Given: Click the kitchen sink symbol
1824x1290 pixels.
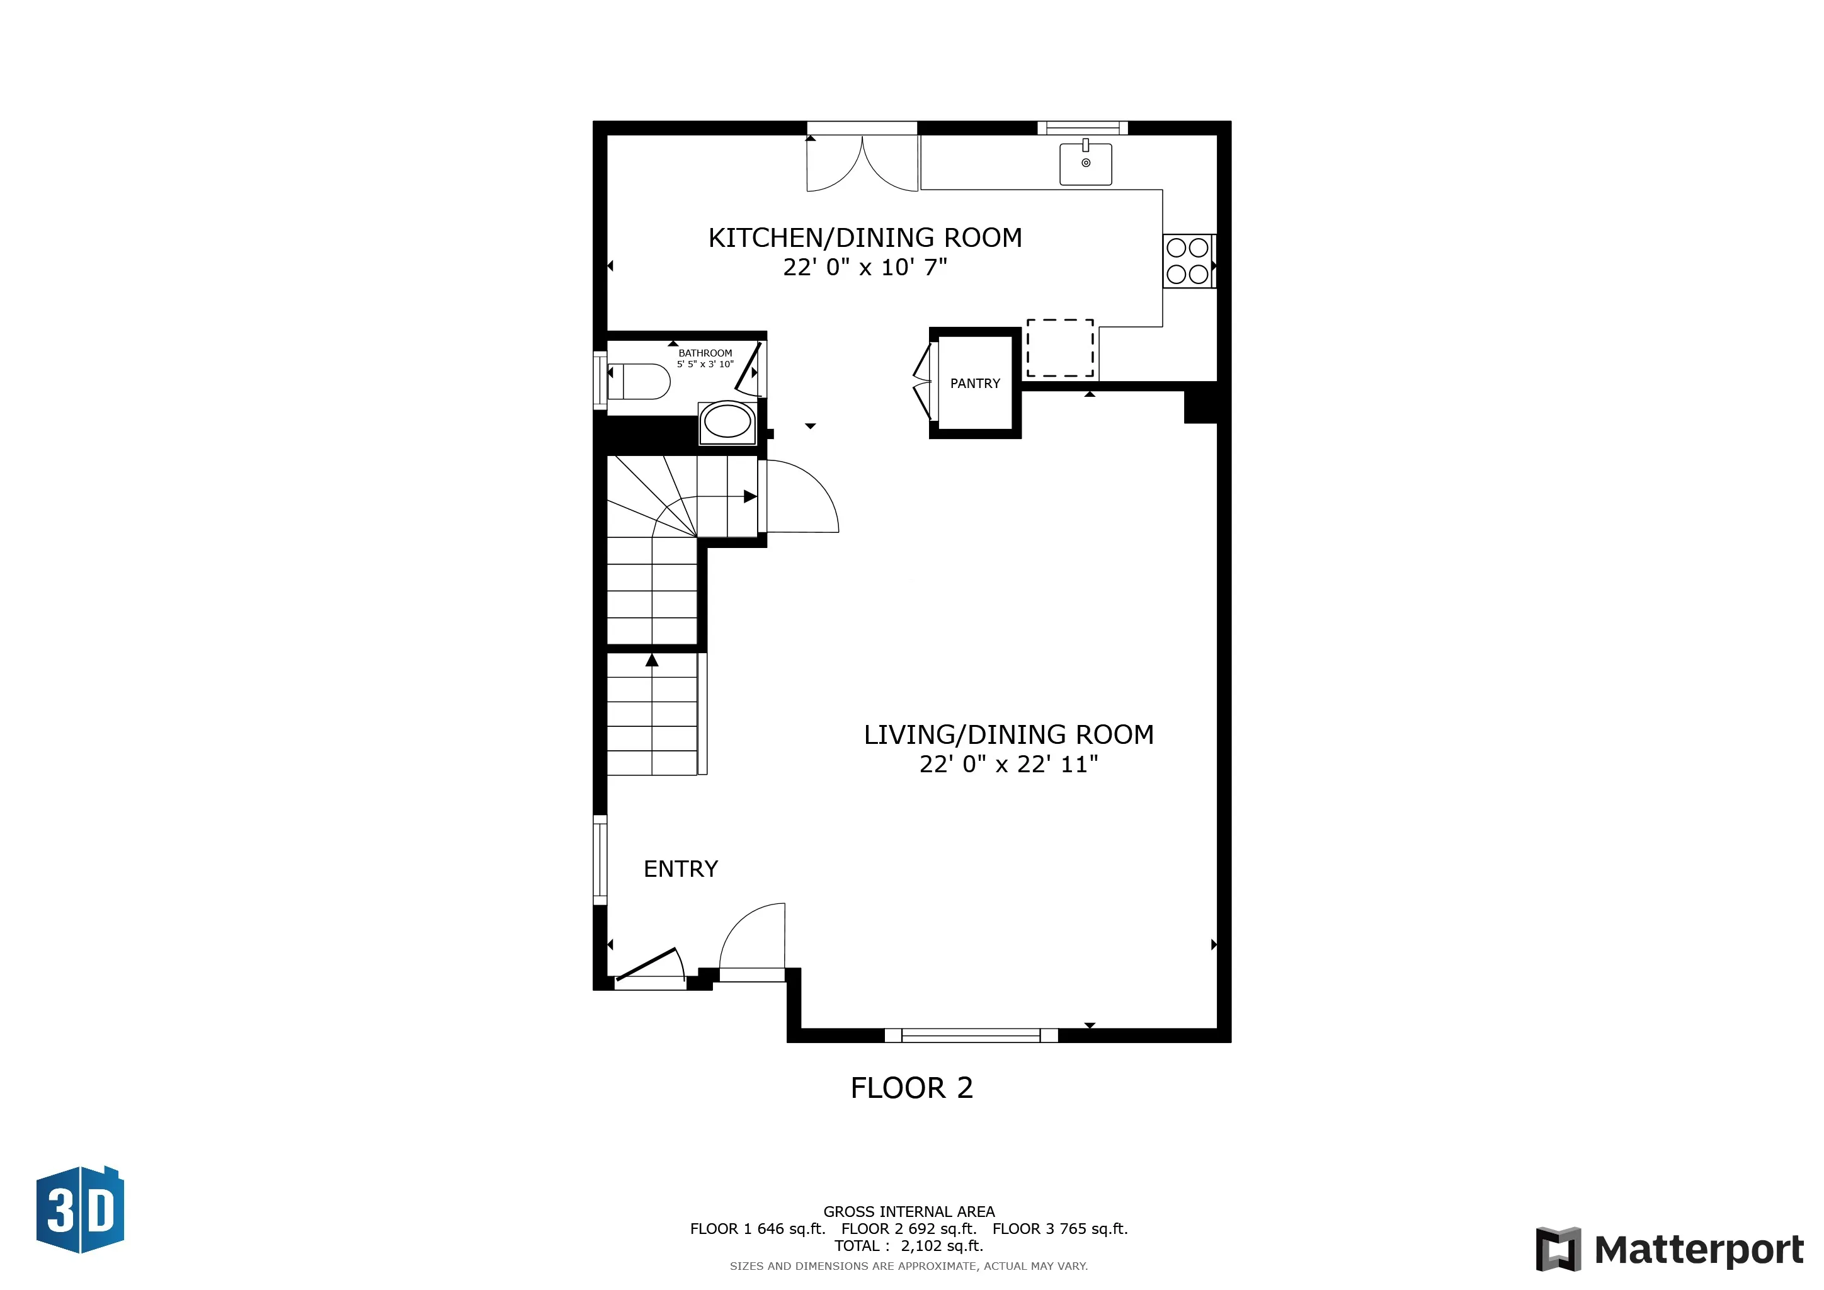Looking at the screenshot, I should tap(1085, 164).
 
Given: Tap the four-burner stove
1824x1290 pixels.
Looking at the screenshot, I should tap(1188, 261).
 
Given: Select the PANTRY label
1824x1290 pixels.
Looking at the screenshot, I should tap(975, 384).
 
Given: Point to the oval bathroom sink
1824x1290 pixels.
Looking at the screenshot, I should tap(727, 422).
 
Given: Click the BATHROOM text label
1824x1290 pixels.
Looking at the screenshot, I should tap(705, 353).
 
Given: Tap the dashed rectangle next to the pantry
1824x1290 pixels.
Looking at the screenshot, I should tap(1060, 348).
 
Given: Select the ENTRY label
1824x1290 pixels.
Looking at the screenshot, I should tap(680, 869).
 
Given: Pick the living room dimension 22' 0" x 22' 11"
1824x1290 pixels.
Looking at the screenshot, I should tap(1008, 764).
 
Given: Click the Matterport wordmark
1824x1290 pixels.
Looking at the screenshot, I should tap(1699, 1250).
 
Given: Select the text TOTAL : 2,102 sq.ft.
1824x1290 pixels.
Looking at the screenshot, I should tap(908, 1245).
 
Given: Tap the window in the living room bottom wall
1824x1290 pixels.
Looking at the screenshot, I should tap(971, 1035).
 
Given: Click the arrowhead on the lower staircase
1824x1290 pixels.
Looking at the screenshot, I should tap(651, 660).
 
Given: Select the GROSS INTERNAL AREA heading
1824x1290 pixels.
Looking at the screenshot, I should tap(908, 1211).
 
